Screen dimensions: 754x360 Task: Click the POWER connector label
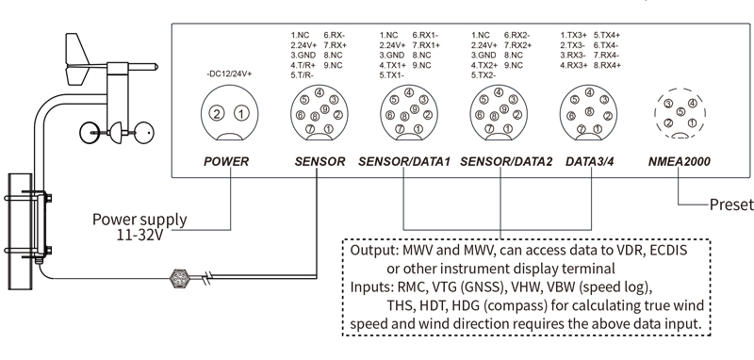click(226, 161)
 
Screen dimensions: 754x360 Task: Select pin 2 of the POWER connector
click(218, 114)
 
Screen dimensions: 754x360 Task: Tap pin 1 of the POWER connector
click(241, 114)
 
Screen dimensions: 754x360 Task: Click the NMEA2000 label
click(679, 161)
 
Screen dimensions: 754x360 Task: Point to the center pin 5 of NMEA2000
click(680, 112)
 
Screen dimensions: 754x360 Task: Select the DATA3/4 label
click(590, 161)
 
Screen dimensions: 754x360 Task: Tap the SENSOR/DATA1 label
click(404, 161)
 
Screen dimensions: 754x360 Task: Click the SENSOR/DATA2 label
click(506, 161)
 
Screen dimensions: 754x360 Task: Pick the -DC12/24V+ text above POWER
click(229, 74)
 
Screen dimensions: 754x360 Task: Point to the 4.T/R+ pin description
click(303, 65)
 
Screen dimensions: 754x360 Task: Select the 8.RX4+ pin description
click(607, 65)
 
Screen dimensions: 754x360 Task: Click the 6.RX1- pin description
click(426, 35)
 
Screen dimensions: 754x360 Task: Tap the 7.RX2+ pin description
click(517, 45)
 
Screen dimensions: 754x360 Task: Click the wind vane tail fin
click(78, 59)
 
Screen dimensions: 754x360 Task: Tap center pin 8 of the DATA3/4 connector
click(589, 111)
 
